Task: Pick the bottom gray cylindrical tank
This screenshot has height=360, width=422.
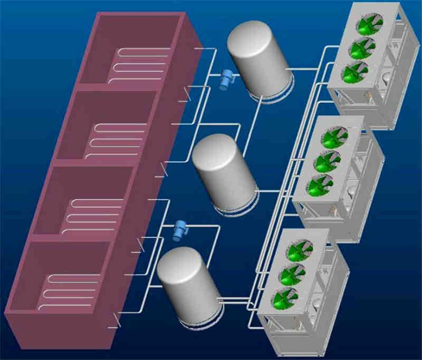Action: [x=188, y=284]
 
